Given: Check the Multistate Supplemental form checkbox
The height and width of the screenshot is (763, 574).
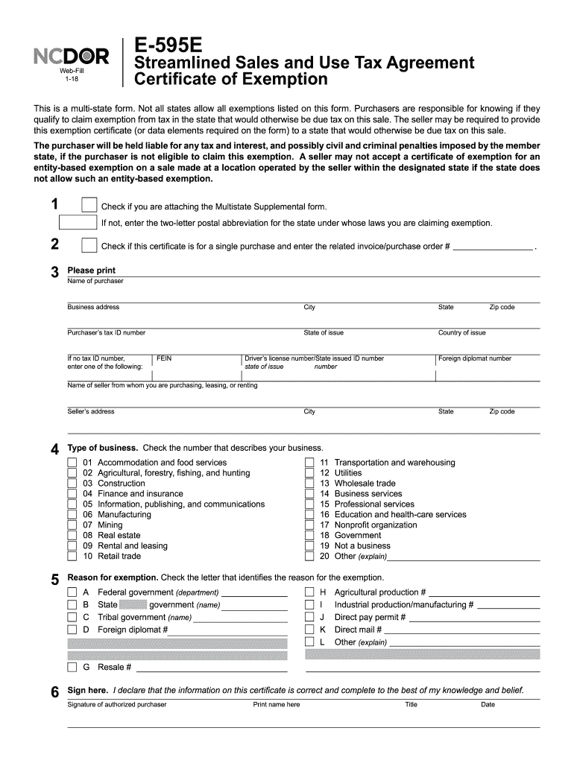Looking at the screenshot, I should (x=89, y=206).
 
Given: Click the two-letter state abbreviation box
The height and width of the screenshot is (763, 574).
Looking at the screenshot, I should (x=78, y=222).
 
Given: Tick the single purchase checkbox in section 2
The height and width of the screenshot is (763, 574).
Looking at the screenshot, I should (x=89, y=245).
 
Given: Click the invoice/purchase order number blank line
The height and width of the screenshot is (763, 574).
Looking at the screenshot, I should (x=493, y=247).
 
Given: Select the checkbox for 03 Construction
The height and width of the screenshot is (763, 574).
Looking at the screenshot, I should (x=72, y=484).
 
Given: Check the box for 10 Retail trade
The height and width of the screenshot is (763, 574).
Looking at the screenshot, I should (x=72, y=556).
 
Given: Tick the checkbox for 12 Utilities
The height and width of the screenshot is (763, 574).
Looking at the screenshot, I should (x=309, y=473).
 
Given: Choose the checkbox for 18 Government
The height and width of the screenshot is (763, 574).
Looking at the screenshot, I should (x=309, y=535).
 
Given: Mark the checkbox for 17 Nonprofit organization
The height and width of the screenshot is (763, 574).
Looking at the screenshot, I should (x=309, y=525).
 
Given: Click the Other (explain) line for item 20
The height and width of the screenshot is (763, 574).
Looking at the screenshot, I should (x=464, y=557).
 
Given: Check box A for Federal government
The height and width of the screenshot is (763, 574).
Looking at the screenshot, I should (x=72, y=592).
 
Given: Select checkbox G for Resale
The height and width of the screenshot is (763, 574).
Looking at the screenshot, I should (x=72, y=667).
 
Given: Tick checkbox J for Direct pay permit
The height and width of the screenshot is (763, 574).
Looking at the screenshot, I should (x=309, y=617).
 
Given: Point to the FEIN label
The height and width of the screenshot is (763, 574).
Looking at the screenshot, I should (x=164, y=358).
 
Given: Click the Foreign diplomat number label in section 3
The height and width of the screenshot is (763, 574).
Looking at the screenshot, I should (x=475, y=358).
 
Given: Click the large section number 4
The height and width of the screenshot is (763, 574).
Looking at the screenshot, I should (x=54, y=449).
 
